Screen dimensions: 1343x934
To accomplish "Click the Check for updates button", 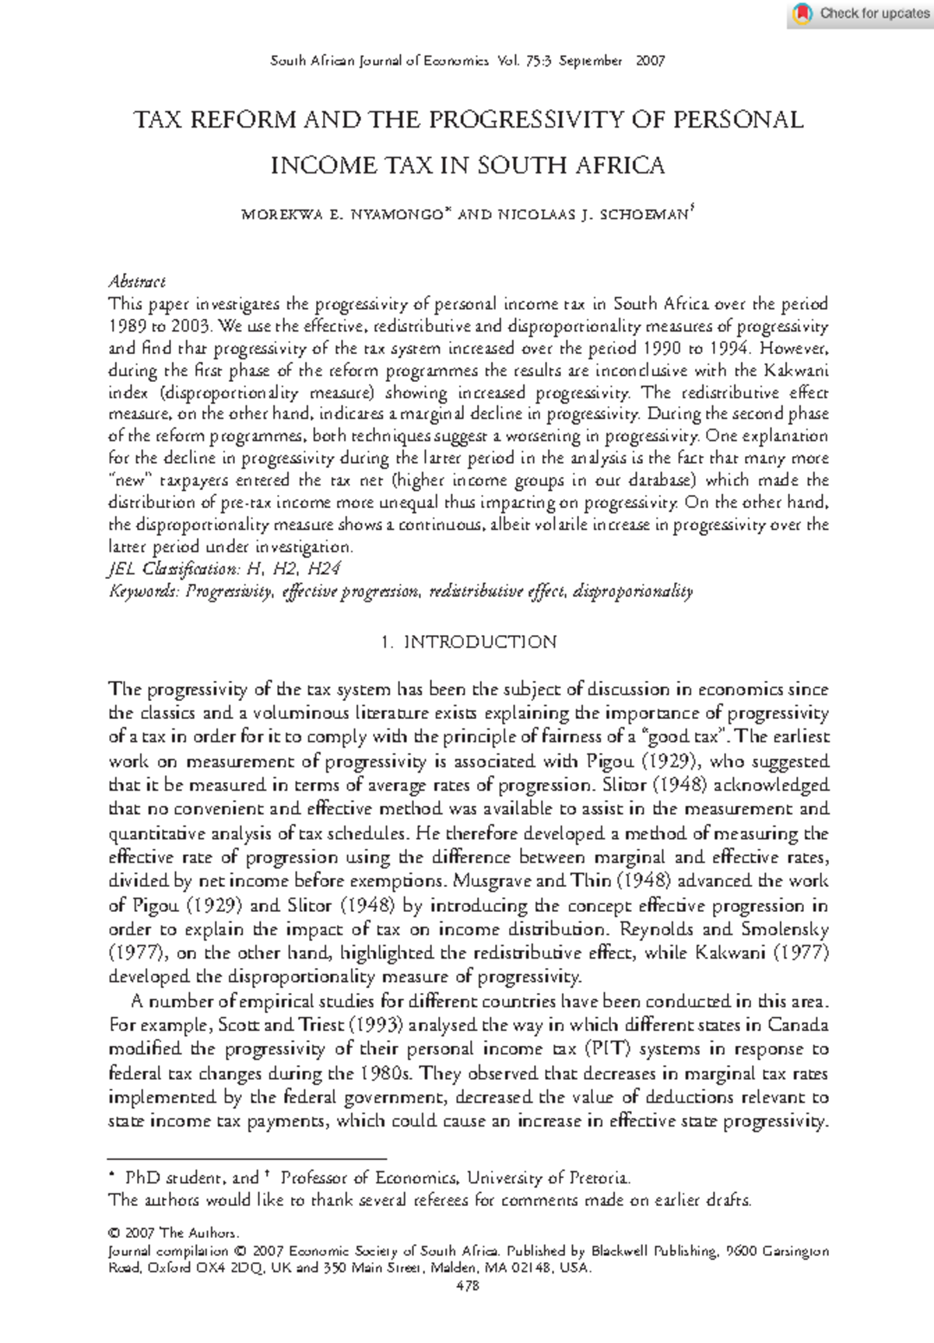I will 862,13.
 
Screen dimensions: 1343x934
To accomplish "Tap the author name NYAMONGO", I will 396,215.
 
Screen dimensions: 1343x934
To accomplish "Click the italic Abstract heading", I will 136,281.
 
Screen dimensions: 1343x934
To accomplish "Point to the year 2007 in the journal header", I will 650,61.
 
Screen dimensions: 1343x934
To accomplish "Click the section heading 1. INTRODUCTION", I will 469,642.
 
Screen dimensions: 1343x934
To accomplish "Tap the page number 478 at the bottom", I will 468,1285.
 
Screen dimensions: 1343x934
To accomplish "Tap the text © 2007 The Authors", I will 173,1233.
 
